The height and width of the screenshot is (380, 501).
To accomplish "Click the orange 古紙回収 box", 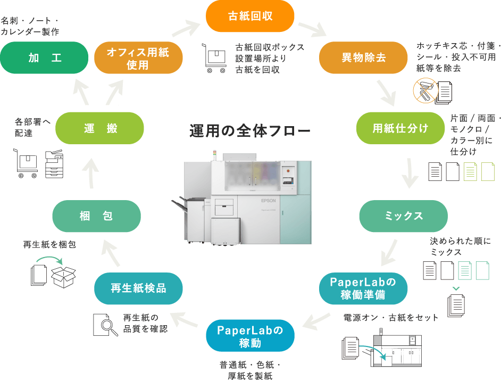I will pos(250,16).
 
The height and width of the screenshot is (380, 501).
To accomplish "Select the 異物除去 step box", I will pos(363,57).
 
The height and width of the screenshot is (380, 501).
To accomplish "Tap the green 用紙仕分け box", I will pos(400,128).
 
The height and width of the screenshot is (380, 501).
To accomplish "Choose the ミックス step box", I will pos(403,216).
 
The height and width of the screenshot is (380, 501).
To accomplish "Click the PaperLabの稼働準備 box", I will pos(363,288).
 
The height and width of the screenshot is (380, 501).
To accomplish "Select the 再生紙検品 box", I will pos(138,288).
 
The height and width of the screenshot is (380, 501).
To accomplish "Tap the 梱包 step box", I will pos(96,216).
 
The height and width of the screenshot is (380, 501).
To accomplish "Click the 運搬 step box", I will pos(99,128).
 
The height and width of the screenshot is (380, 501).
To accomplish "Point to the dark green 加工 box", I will pos(44,57).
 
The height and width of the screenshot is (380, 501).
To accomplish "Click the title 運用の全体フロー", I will pos(249,131).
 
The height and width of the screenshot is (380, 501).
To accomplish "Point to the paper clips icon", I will pos(425,90).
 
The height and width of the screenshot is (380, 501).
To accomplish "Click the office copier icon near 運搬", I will pos(54,163).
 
